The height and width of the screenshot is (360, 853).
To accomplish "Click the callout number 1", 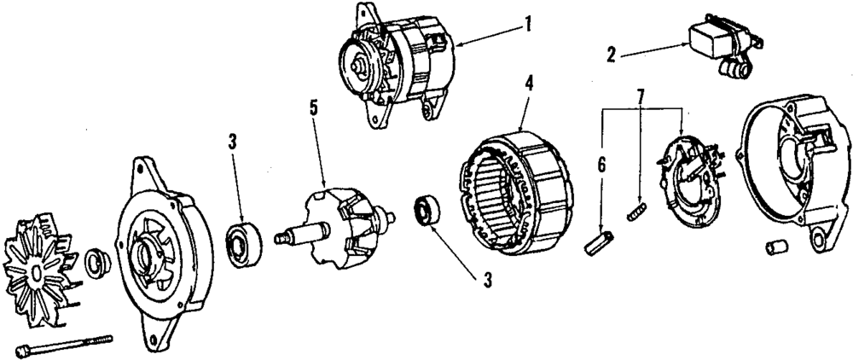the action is click(528, 25).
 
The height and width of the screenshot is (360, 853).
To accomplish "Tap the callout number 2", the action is click(611, 55).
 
